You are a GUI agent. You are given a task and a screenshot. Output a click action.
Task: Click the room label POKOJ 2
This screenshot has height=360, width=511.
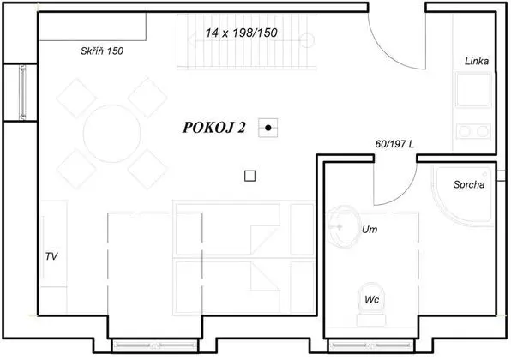214,128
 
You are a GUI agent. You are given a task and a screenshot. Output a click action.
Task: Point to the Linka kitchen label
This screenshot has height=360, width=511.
477,62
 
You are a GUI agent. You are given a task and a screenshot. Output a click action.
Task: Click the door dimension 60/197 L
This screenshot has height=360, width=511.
395,145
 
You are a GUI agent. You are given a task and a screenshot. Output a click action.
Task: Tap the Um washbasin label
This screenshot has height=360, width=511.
370,230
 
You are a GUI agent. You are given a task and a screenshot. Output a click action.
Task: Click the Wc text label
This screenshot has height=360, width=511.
371,300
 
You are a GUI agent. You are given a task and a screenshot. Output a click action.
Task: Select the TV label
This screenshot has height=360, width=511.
51,255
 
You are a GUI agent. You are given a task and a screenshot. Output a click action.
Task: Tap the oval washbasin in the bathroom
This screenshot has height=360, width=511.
343,225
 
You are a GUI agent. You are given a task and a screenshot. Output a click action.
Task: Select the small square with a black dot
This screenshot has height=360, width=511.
269,128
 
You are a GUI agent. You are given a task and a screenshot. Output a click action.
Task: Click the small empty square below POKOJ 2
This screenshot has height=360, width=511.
249,176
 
